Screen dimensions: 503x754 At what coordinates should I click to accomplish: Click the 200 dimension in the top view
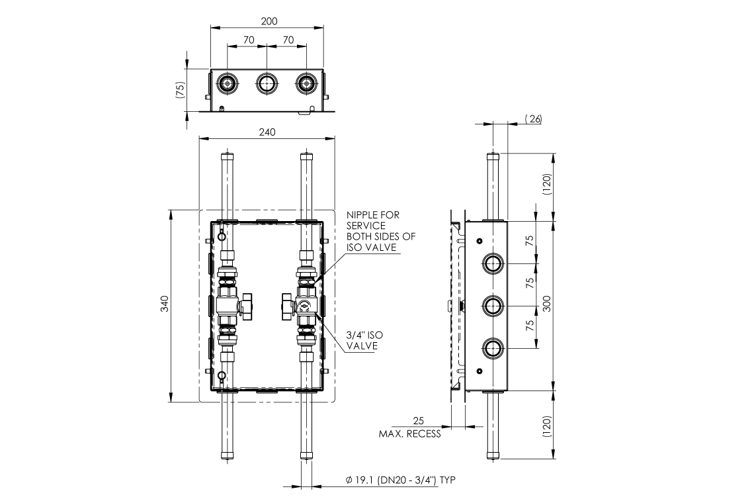point(269,21)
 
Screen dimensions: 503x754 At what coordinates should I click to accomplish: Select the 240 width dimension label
point(267,132)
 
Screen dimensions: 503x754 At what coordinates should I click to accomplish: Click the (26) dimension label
point(532,118)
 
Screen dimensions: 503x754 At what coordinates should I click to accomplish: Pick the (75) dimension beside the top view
point(179,91)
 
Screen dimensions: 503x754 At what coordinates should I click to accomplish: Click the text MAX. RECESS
point(409,434)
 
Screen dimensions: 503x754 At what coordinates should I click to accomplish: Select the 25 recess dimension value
point(417,421)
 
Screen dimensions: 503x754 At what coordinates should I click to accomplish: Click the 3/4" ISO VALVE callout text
point(363,340)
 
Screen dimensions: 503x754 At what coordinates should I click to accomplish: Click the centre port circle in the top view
point(267,83)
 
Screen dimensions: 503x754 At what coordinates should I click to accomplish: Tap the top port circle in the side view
point(493,263)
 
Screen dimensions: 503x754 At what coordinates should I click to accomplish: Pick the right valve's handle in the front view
point(286,305)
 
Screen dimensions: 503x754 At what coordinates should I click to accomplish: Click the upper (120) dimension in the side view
point(546,187)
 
